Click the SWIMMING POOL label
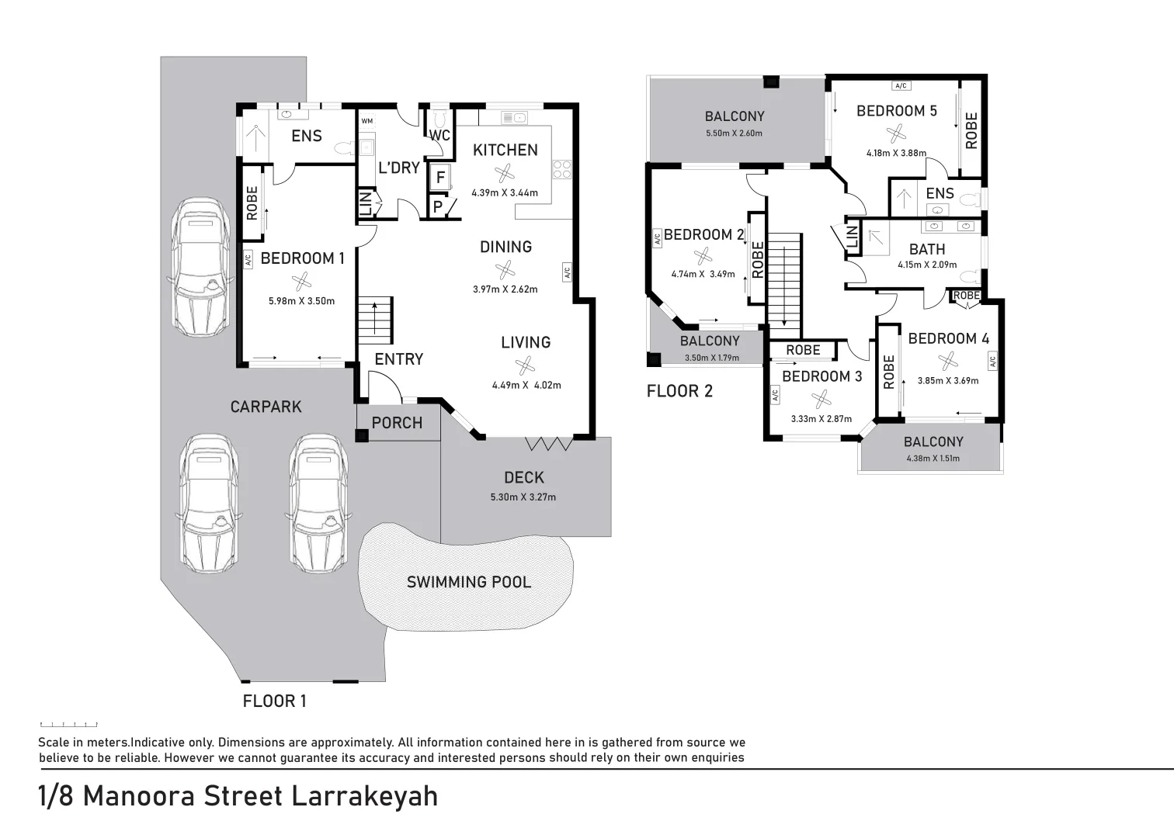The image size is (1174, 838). click(x=469, y=582)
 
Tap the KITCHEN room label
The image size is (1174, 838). click(x=505, y=150)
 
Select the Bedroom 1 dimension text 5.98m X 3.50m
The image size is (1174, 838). click(x=301, y=301)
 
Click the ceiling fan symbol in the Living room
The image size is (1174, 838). click(x=525, y=365)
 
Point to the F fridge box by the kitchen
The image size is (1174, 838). click(x=440, y=178)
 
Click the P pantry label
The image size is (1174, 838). click(x=438, y=207)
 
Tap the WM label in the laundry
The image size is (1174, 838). click(x=366, y=121)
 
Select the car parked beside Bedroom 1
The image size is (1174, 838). click(x=199, y=266)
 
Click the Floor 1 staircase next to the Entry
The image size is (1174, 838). click(x=375, y=319)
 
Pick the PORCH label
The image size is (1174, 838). click(x=397, y=423)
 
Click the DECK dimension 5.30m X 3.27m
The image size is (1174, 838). click(x=523, y=497)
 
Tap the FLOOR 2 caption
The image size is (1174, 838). click(x=679, y=391)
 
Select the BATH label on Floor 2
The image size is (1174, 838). click(x=927, y=249)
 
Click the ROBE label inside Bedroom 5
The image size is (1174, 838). click(x=971, y=130)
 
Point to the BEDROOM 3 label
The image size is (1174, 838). click(x=821, y=376)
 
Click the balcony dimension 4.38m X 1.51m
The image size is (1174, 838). click(x=933, y=459)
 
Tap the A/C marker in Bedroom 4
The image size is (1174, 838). click(x=992, y=361)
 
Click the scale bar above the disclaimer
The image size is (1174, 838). click(x=68, y=724)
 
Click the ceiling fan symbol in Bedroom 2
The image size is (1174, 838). click(x=703, y=255)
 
